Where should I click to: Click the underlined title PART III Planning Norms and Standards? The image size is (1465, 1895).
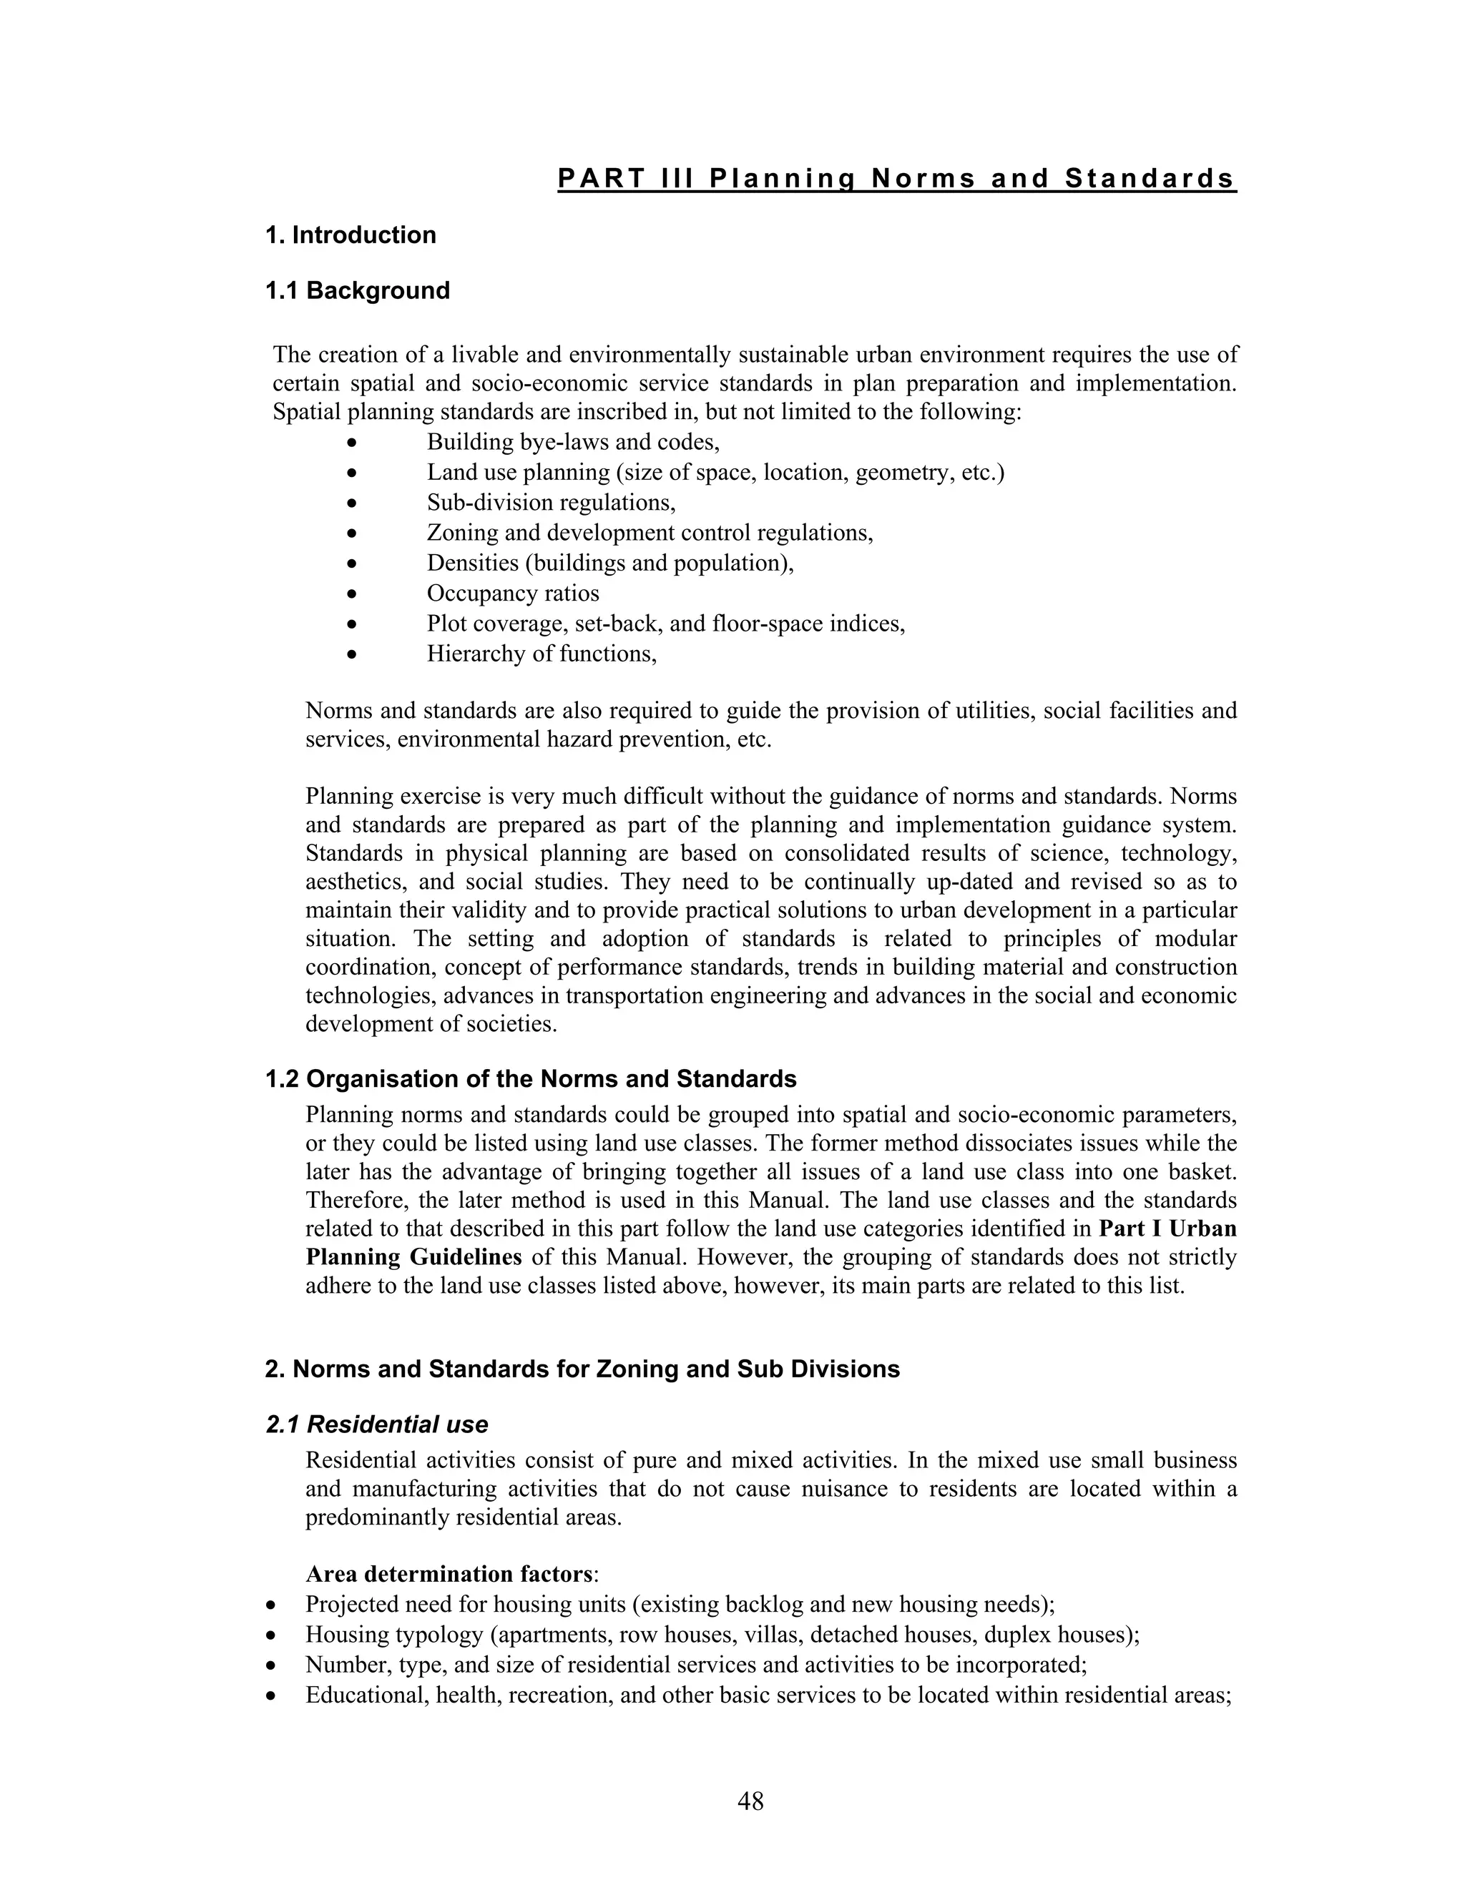pos(896,179)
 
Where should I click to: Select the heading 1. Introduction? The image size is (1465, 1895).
pos(351,235)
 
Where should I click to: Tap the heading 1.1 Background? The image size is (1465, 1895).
pos(358,290)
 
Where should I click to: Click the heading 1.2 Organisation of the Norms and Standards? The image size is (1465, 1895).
pos(530,1079)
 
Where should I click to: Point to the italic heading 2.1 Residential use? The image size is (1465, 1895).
pos(377,1424)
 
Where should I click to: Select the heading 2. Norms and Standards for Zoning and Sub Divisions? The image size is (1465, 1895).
pos(582,1369)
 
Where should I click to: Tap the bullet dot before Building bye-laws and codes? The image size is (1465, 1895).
pos(351,443)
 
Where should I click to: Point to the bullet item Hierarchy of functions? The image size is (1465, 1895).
pos(541,654)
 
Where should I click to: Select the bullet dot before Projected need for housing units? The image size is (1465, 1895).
pos(273,1605)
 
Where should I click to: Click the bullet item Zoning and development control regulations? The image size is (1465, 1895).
pos(650,533)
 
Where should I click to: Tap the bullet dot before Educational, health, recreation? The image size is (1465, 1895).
pos(273,1695)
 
